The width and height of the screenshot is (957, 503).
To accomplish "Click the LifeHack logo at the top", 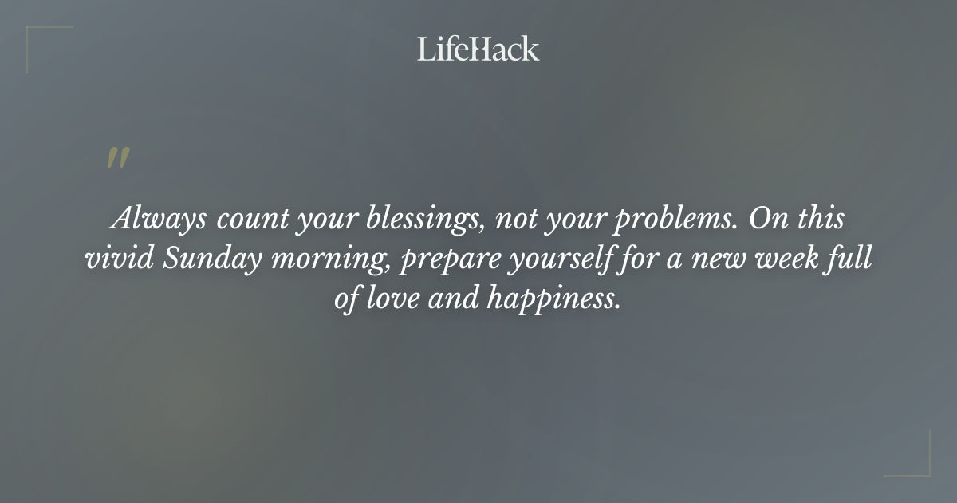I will (x=478, y=49).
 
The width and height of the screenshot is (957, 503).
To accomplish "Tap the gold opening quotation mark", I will (x=118, y=158).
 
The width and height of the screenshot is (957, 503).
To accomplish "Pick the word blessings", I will (x=424, y=219).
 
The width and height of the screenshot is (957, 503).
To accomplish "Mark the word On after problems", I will (x=770, y=219).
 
